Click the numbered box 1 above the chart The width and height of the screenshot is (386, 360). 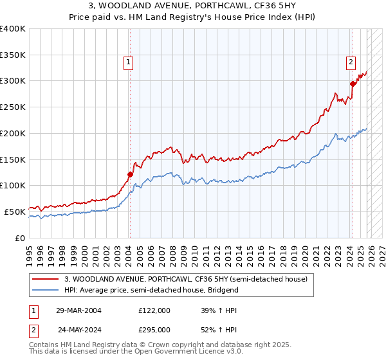click(x=129, y=62)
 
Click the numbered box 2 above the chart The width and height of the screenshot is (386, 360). click(x=351, y=62)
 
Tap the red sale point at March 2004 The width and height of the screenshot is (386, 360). click(x=130, y=174)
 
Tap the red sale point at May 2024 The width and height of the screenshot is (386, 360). click(x=353, y=83)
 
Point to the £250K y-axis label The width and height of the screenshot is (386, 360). click(x=13, y=107)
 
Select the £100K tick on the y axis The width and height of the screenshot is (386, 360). click(x=13, y=185)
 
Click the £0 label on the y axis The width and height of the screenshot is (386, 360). click(x=19, y=237)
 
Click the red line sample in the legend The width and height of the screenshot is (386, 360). click(x=46, y=279)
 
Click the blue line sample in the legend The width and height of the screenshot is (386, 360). click(x=46, y=290)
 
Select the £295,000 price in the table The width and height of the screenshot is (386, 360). click(x=154, y=329)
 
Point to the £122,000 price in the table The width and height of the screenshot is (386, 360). click(x=154, y=310)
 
